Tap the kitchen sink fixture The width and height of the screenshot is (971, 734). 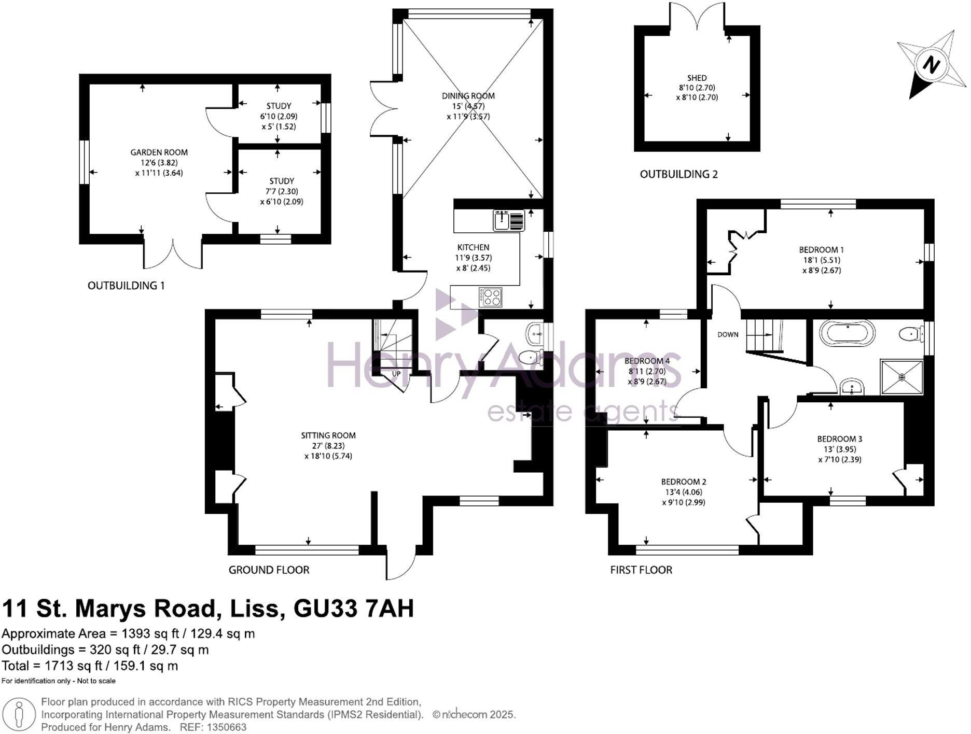click(x=509, y=221)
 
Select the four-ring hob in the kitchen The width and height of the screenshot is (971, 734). click(x=490, y=298)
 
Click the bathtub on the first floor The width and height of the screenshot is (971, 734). click(x=847, y=333)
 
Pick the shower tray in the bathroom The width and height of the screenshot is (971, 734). click(x=902, y=377)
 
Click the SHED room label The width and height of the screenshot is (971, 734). click(x=697, y=78)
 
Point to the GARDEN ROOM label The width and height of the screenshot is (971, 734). click(x=159, y=152)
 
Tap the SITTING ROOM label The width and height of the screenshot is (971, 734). click(x=328, y=435)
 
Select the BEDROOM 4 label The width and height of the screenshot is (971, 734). click(x=647, y=361)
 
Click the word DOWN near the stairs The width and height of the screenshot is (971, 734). click(x=728, y=334)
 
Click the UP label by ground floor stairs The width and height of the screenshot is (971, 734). click(x=396, y=374)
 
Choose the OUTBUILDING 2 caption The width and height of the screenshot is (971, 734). click(x=678, y=174)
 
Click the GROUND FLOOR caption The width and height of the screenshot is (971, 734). click(x=269, y=570)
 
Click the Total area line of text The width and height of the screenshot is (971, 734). click(x=90, y=666)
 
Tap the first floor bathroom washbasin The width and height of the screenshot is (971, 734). click(x=852, y=387)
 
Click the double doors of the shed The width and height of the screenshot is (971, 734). click(x=697, y=16)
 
